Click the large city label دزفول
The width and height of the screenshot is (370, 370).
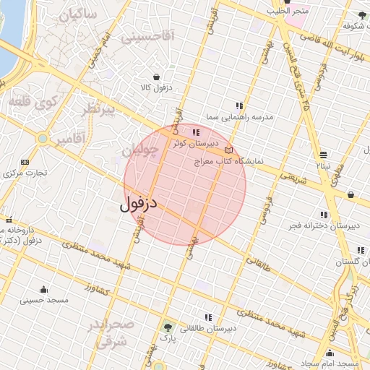[x=139, y=205]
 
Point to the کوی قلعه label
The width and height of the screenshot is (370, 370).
[x=32, y=102]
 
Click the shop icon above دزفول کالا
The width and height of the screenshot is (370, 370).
[x=157, y=76]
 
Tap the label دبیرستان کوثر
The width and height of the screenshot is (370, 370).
[x=189, y=144]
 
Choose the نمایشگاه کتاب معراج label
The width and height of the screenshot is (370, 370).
[x=223, y=161]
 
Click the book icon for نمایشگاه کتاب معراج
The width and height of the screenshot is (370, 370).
[x=229, y=148]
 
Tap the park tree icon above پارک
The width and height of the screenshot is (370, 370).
[x=168, y=327]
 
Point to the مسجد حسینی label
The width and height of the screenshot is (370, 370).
[x=43, y=299]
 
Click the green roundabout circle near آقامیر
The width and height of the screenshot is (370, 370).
[x=43, y=138]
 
